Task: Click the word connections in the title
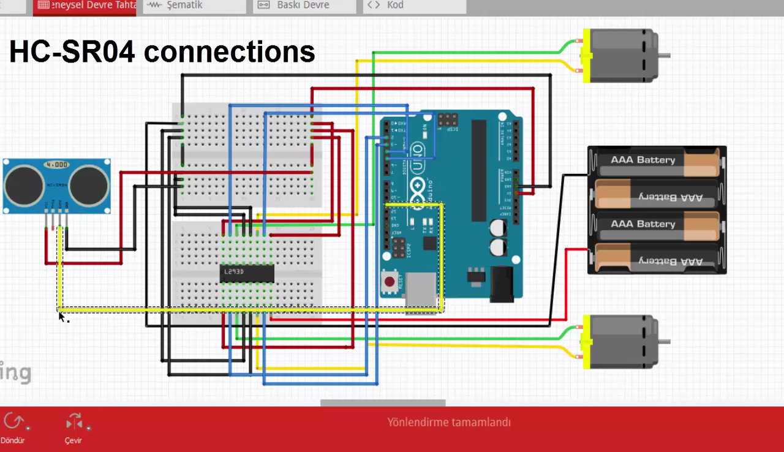(x=230, y=52)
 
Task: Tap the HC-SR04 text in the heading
(x=72, y=52)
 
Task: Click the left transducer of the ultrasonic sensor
(x=25, y=185)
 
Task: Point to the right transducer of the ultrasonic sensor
(x=89, y=185)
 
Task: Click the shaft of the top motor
(x=664, y=56)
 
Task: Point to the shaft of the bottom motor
(x=664, y=342)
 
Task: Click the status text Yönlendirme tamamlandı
(x=448, y=422)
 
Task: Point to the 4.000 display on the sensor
(x=57, y=165)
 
